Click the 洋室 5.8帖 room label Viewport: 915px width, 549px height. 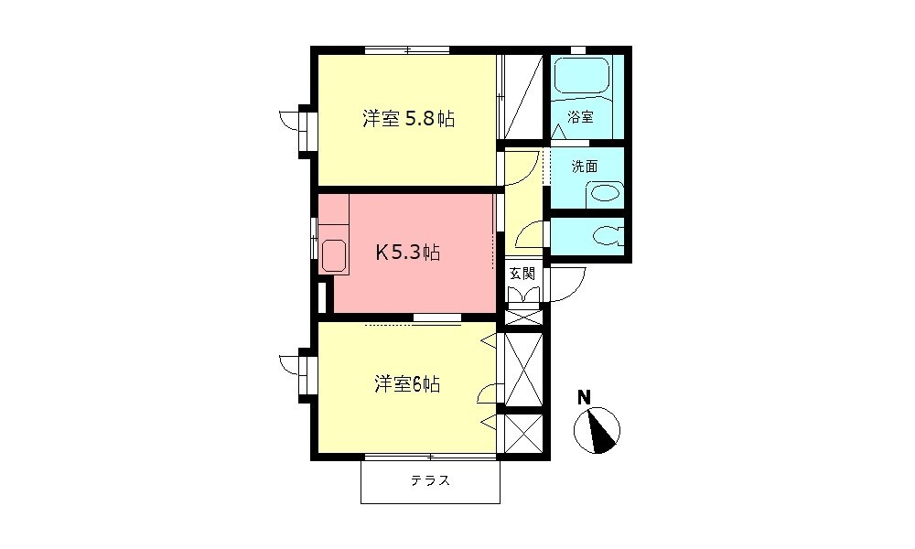pyautogui.click(x=408, y=119)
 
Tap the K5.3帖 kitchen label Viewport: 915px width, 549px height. pyautogui.click(x=408, y=253)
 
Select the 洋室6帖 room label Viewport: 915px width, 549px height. pyautogui.click(x=407, y=385)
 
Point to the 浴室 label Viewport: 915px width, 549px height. pyautogui.click(x=580, y=117)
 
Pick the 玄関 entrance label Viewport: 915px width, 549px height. pyautogui.click(x=522, y=273)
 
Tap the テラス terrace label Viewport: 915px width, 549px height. pyautogui.click(x=429, y=480)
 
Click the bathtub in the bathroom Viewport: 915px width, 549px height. pyautogui.click(x=582, y=77)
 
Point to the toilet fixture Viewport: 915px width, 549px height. pyautogui.click(x=607, y=236)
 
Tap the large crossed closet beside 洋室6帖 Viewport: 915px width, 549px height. pyautogui.click(x=523, y=370)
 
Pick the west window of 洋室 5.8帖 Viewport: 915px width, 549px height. pyautogui.click(x=305, y=128)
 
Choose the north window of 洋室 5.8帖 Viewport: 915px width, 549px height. pyautogui.click(x=407, y=49)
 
